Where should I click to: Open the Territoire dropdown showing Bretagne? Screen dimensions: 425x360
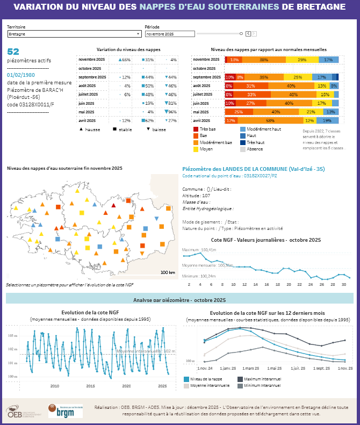(x=74, y=34)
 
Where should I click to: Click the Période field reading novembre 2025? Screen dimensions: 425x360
(x=169, y=34)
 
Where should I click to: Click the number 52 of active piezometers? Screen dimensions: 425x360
(x=13, y=52)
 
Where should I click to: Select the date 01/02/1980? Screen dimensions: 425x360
(x=21, y=75)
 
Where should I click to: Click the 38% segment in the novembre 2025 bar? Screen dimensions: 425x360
(x=264, y=60)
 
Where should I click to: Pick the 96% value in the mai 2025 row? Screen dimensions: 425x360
(x=171, y=112)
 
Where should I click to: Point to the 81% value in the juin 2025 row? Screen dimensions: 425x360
(x=171, y=103)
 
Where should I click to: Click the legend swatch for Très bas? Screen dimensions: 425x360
(x=196, y=129)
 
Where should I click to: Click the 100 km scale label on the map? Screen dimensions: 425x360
(x=168, y=272)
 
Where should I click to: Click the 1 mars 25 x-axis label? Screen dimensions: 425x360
(x=250, y=369)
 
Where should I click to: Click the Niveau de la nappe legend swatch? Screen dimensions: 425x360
(x=186, y=379)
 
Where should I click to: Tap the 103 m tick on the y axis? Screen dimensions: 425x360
(x=11, y=335)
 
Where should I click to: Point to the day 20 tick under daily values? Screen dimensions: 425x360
(x=289, y=284)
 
